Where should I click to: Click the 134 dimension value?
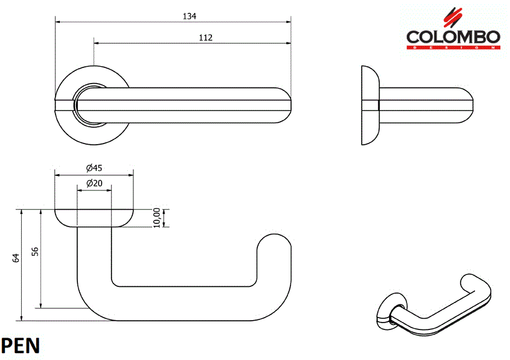[185, 16]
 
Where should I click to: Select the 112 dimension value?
[206, 37]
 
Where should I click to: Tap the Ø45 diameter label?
[94, 168]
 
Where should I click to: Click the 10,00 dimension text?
[156, 218]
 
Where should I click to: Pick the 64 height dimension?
[15, 257]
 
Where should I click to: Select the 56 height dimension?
[35, 251]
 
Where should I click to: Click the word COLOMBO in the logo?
[453, 37]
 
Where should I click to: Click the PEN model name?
[21, 346]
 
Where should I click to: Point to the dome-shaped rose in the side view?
[370, 105]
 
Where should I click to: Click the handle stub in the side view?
[424, 105]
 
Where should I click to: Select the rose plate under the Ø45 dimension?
[94, 217]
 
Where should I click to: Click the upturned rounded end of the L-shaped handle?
[274, 246]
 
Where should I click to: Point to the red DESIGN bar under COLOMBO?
[453, 47]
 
